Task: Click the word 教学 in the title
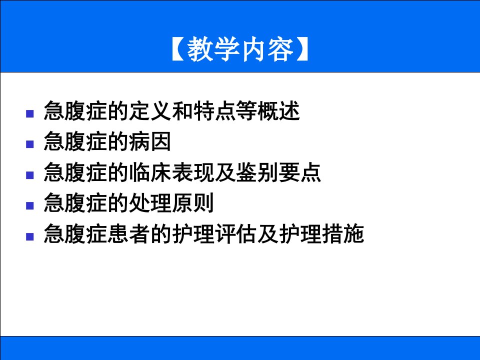tap(213, 49)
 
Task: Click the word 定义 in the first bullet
tap(150, 111)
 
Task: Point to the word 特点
tap(214, 111)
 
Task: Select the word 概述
tap(278, 111)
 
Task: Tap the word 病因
tap(150, 141)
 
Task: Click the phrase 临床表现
tap(171, 172)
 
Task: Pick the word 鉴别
tap(257, 172)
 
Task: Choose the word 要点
tap(300, 172)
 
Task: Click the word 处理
tap(150, 202)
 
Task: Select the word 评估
tap(235, 233)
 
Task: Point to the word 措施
tap(343, 233)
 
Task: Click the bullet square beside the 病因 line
tap(29, 144)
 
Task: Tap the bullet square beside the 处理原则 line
tap(29, 205)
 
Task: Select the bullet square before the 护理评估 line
tap(29, 236)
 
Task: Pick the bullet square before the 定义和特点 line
tap(29, 113)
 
